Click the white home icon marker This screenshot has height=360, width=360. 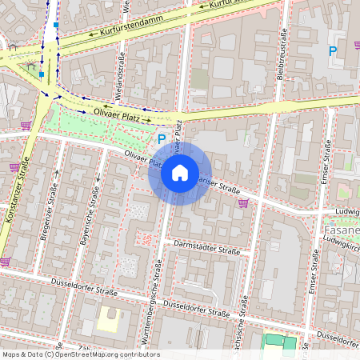point(180,173)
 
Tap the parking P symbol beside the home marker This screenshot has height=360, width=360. point(161,139)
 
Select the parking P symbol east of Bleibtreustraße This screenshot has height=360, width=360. point(332,51)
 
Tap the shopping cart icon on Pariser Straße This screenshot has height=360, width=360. point(242,203)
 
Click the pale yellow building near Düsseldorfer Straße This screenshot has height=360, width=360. point(110,321)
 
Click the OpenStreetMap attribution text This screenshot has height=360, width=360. point(81,354)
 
